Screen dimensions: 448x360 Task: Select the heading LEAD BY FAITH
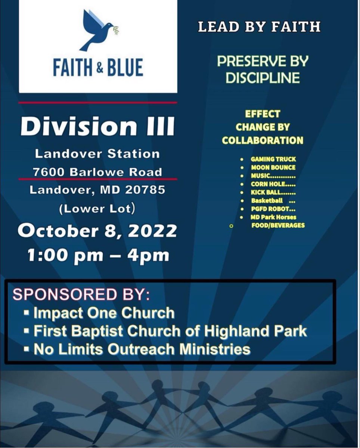point(259,27)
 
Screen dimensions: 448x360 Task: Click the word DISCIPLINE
point(263,78)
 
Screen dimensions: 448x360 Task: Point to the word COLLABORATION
point(263,140)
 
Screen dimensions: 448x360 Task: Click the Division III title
point(97,127)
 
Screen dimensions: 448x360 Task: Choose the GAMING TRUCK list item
point(273,159)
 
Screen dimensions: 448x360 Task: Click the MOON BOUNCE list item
point(273,168)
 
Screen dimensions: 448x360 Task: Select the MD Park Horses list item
point(273,217)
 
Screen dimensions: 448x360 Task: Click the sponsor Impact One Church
point(104,313)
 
